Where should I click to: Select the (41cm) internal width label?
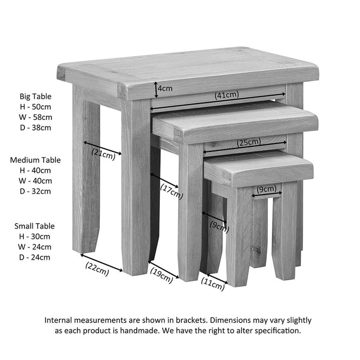coord(227,95)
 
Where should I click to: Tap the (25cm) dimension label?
coord(248,142)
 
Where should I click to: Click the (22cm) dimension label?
coord(97,268)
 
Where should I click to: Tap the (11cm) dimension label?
coord(212,284)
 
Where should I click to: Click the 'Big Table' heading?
coord(36,96)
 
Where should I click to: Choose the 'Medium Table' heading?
coord(36,160)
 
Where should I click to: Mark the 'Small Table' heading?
coord(34,226)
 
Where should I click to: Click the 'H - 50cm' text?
coord(36,107)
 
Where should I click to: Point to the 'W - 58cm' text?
coord(36,117)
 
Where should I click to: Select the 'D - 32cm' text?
coord(36,191)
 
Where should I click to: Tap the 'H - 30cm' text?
coord(36,236)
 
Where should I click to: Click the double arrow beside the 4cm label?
coord(156,88)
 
